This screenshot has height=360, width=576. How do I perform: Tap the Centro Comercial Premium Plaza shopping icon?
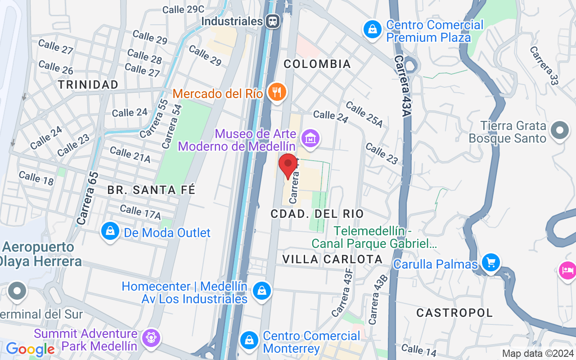372,30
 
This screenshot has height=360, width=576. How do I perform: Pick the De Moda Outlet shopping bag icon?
110,231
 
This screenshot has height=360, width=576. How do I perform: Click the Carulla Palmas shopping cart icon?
490,262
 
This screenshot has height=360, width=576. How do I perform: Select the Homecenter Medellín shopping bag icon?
261,290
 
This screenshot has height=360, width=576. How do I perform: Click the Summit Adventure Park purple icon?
150,337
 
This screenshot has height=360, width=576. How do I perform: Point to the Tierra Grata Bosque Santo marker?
560,131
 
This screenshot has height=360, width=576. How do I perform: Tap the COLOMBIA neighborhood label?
318,64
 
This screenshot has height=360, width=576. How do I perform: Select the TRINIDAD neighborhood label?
88,85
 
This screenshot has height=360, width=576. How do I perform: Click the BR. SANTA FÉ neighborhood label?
151,190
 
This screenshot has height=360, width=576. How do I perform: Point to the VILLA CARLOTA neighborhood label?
333,259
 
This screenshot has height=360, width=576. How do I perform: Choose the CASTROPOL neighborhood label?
454,312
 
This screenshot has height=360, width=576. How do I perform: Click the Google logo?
30,349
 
